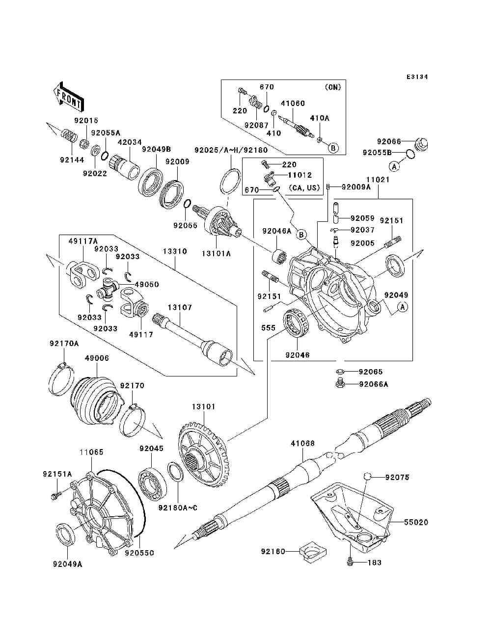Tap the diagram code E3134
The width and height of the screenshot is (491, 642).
(x=417, y=77)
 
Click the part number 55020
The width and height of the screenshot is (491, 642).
(x=416, y=522)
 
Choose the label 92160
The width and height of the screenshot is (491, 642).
(x=273, y=552)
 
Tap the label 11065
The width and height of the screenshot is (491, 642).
(x=92, y=452)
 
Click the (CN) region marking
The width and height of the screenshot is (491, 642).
(x=332, y=87)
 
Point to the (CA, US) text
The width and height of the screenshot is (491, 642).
(x=305, y=187)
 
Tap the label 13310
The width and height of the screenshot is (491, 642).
(x=175, y=251)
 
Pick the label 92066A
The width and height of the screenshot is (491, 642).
(x=373, y=384)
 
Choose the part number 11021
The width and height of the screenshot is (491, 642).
(x=378, y=180)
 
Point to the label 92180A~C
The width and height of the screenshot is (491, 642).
(x=178, y=508)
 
